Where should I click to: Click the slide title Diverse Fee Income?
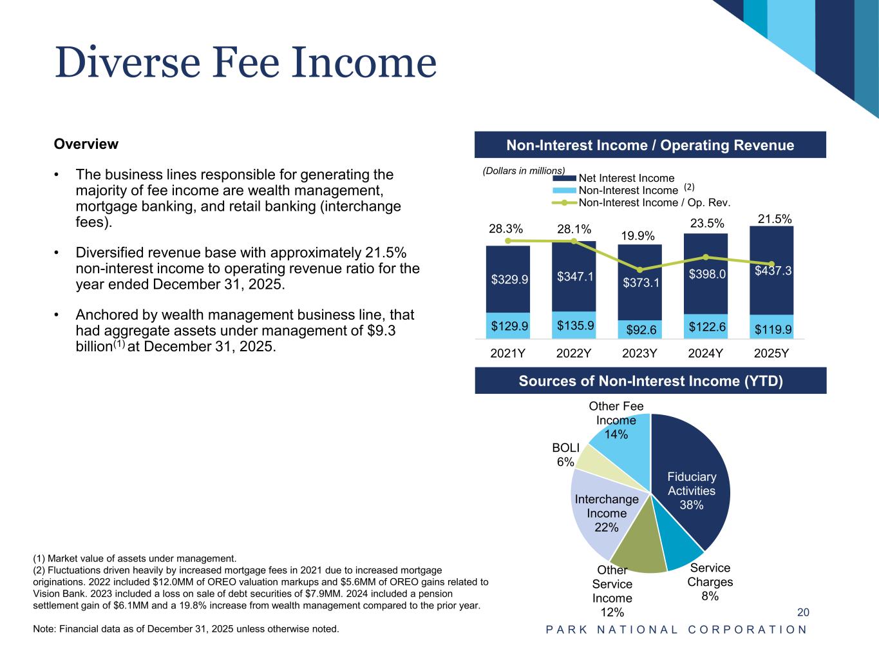[245, 63]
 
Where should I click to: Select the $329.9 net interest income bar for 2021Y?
[508, 278]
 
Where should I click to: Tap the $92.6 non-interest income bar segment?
[640, 329]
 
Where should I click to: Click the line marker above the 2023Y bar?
[640, 269]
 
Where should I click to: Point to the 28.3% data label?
[506, 229]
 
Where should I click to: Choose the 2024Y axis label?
[706, 353]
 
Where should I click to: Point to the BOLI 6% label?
[566, 454]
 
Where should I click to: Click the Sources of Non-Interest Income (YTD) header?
[650, 381]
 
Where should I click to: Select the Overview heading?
[86, 144]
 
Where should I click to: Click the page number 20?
[803, 612]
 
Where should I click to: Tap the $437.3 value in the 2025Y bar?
[773, 271]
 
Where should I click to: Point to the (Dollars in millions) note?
[524, 170]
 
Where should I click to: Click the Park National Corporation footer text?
[676, 630]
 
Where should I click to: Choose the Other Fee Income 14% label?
[616, 420]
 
